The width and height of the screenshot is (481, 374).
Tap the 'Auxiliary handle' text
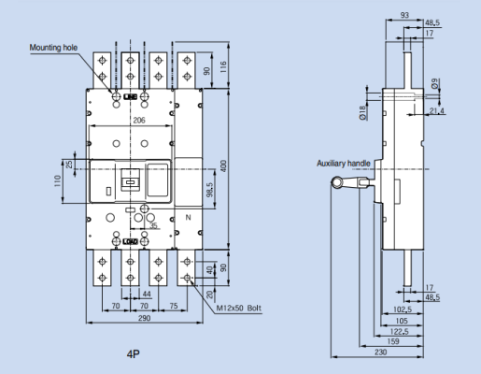pos(345,163)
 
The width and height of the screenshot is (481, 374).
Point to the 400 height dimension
pos(223,165)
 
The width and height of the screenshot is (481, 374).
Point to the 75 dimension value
pos(174,305)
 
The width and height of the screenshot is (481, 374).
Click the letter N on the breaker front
pos(189,218)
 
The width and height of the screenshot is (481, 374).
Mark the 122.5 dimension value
pos(400,330)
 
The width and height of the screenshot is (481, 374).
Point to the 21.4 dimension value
pos(436,111)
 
